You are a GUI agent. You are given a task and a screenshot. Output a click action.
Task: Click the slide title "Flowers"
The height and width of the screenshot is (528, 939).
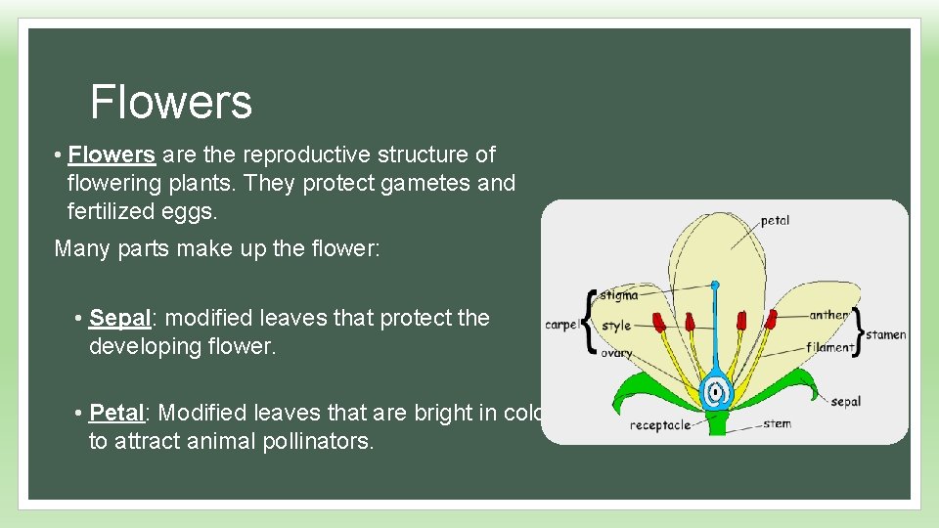pos(170,102)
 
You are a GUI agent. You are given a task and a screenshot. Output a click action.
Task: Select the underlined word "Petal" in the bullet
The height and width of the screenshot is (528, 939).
pos(119,413)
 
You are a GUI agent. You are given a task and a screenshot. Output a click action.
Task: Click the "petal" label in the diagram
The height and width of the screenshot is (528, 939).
pos(775,220)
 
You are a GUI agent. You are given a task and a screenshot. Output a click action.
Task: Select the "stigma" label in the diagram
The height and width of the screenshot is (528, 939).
pos(618,293)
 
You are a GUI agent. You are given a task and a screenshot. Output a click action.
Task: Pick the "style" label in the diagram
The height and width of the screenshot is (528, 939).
pos(615,325)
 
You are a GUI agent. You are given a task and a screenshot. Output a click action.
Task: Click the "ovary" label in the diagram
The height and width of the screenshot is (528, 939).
pos(616,353)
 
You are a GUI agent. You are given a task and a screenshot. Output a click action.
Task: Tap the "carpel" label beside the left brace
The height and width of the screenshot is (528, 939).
pos(561,325)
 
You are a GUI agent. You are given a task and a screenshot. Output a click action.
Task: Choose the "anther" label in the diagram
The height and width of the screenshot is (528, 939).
pos(828,315)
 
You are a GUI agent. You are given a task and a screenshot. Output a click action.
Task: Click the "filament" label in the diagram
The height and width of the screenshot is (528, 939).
pos(830,347)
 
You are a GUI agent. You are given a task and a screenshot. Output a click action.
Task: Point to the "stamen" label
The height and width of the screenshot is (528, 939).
pos(886,334)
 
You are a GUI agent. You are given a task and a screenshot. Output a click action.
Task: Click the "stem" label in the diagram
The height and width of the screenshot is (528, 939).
pos(777,423)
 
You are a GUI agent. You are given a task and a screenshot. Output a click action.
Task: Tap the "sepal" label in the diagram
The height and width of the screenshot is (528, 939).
pos(845,401)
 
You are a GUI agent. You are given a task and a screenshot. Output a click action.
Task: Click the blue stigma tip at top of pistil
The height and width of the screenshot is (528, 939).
pos(715,286)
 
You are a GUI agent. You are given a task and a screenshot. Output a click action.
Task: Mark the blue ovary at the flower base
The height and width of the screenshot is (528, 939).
pos(717,392)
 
